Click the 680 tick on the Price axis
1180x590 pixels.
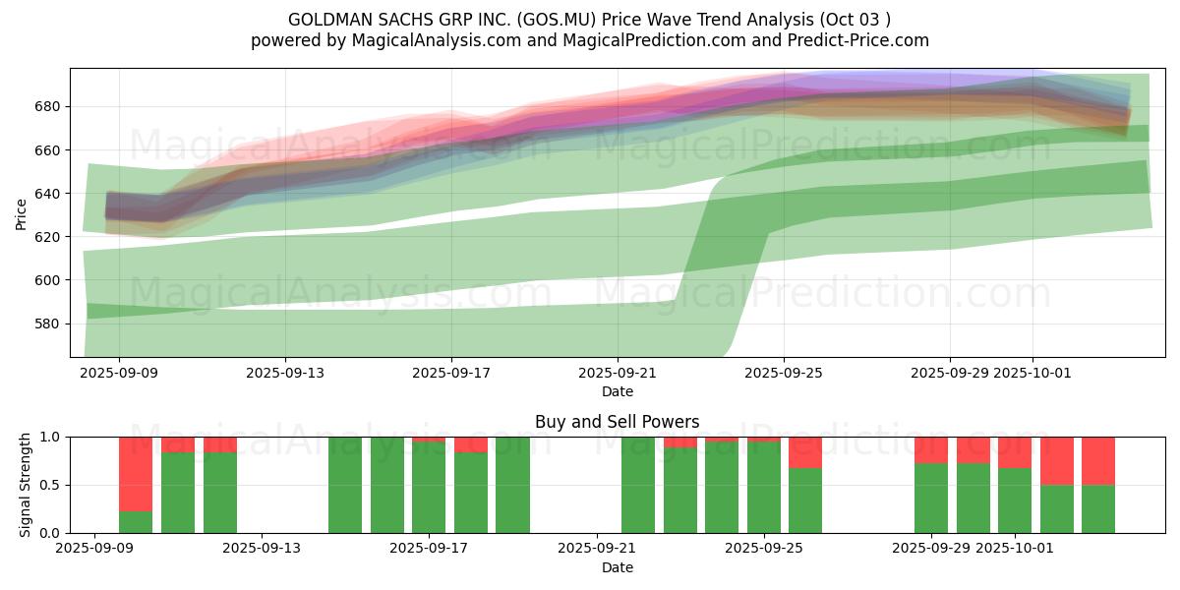click(49, 106)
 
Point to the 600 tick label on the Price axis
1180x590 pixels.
click(49, 280)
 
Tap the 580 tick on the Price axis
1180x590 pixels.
click(49, 324)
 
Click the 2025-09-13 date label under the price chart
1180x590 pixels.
click(285, 374)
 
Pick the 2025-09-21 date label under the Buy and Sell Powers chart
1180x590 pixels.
click(597, 550)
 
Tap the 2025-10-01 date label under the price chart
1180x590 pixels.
click(1032, 374)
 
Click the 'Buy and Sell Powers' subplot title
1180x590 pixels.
click(617, 422)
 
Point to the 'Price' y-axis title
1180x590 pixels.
click(22, 213)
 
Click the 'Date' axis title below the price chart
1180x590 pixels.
click(617, 391)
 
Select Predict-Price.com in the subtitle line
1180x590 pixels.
click(857, 40)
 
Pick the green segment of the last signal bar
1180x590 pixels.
click(1098, 508)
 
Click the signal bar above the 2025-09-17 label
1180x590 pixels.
click(429, 487)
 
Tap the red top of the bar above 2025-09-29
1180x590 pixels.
click(931, 449)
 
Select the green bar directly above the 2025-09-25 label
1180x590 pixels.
click(764, 487)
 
